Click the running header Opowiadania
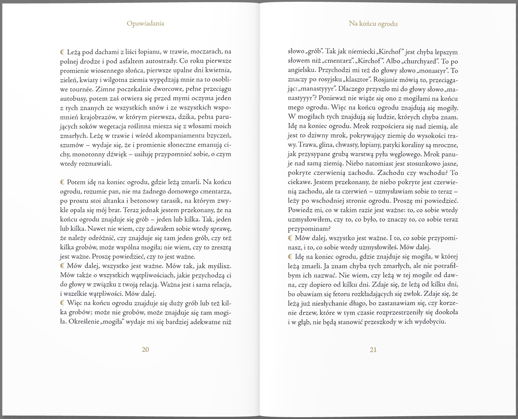pyautogui.click(x=145, y=23)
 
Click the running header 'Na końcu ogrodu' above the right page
pyautogui.click(x=373, y=24)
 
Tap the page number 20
pyautogui.click(x=145, y=349)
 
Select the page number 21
pyautogui.click(x=373, y=350)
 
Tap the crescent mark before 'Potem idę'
pyautogui.click(x=62, y=182)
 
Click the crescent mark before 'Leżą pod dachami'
pyautogui.click(x=62, y=51)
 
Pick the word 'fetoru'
pyautogui.click(x=342, y=294)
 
